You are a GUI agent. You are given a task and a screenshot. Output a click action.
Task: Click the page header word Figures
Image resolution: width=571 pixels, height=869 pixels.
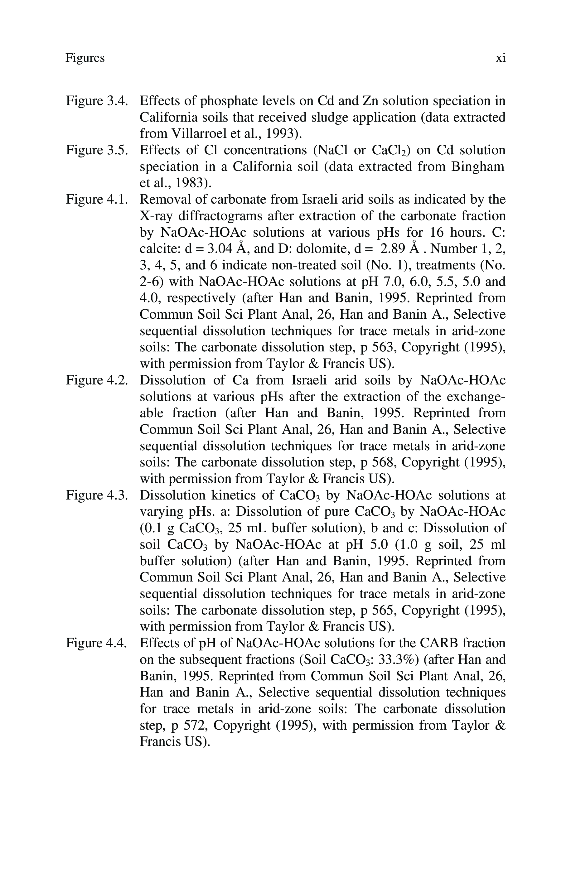[85, 58]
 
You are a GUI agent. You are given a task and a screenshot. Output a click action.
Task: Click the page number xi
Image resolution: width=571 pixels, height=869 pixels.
[501, 58]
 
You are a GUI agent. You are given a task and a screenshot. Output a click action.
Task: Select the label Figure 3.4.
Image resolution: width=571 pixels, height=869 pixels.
[97, 101]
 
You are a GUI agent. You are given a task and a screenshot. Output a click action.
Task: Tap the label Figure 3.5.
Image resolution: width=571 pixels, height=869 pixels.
[97, 150]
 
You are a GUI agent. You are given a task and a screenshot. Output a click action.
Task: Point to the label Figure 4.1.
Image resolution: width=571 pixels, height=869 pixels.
[97, 199]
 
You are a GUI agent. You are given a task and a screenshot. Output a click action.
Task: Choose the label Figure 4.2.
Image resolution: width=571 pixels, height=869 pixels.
[97, 380]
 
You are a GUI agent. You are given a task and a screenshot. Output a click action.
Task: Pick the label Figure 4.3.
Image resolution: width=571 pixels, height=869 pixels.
[97, 495]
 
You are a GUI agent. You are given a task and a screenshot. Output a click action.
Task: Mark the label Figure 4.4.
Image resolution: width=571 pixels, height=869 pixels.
[97, 643]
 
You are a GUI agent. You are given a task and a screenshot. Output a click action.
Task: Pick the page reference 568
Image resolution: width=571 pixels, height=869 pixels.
[383, 462]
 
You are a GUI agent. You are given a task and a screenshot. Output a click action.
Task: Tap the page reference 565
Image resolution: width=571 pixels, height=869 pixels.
[383, 610]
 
